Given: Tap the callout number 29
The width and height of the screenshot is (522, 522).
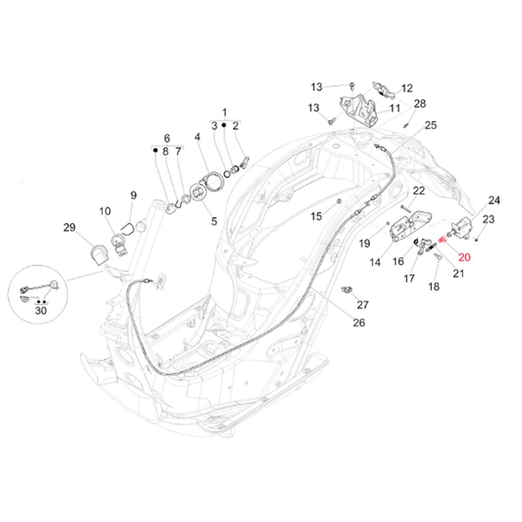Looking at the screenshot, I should click(x=69, y=227).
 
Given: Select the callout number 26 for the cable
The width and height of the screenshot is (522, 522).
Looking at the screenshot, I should click(x=359, y=322).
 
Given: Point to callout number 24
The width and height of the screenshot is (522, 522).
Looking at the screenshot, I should click(x=494, y=200).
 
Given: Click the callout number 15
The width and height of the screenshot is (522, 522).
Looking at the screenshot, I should click(x=316, y=216).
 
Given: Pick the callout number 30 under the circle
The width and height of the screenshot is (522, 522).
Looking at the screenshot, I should click(x=41, y=311).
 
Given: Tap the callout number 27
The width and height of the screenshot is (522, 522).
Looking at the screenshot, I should click(x=363, y=304).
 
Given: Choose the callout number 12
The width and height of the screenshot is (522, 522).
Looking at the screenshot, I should click(x=407, y=88).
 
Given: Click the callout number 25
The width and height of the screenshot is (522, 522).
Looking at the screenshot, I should click(x=430, y=125).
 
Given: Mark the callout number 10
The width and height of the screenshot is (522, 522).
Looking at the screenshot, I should click(x=105, y=211).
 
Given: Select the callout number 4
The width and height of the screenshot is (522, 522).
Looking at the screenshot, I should click(x=197, y=137).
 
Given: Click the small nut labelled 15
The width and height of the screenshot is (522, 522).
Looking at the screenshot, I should click(x=338, y=202).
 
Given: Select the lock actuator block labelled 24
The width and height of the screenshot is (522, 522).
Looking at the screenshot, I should click(x=462, y=229).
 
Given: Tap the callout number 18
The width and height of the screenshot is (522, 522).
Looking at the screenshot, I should click(x=434, y=286).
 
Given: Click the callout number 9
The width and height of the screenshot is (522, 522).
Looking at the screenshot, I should click(x=133, y=195).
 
